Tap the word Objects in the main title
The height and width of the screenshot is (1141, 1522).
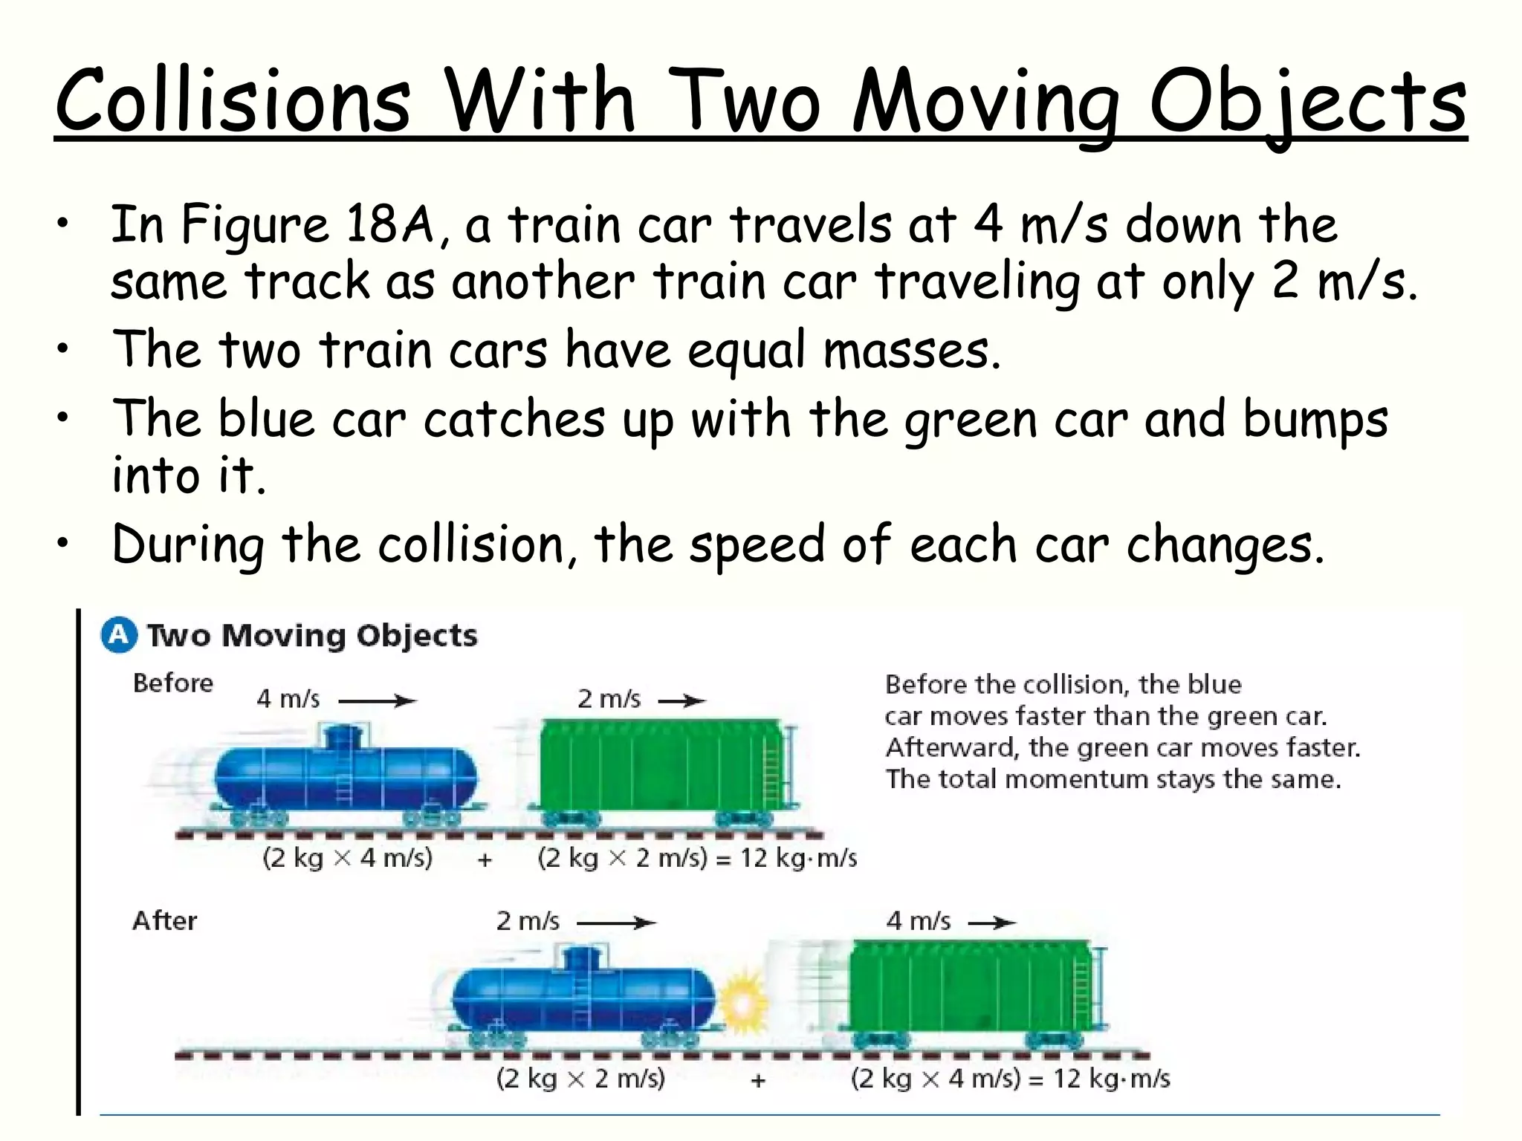[x=1307, y=103]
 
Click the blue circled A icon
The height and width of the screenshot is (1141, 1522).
[x=119, y=636]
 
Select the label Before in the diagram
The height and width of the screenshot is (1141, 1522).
[x=172, y=683]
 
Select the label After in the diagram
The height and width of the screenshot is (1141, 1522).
[x=164, y=920]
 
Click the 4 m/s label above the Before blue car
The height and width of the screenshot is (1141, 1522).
[x=288, y=699]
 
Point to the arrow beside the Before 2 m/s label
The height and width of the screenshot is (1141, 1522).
[x=681, y=700]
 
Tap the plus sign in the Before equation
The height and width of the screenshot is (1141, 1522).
[x=485, y=859]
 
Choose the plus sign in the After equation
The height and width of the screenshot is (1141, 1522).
[x=757, y=1080]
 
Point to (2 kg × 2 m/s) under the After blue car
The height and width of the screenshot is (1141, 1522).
[x=580, y=1079]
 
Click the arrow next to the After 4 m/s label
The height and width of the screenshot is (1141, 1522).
[x=991, y=923]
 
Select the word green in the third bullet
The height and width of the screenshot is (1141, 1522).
[x=970, y=419]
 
